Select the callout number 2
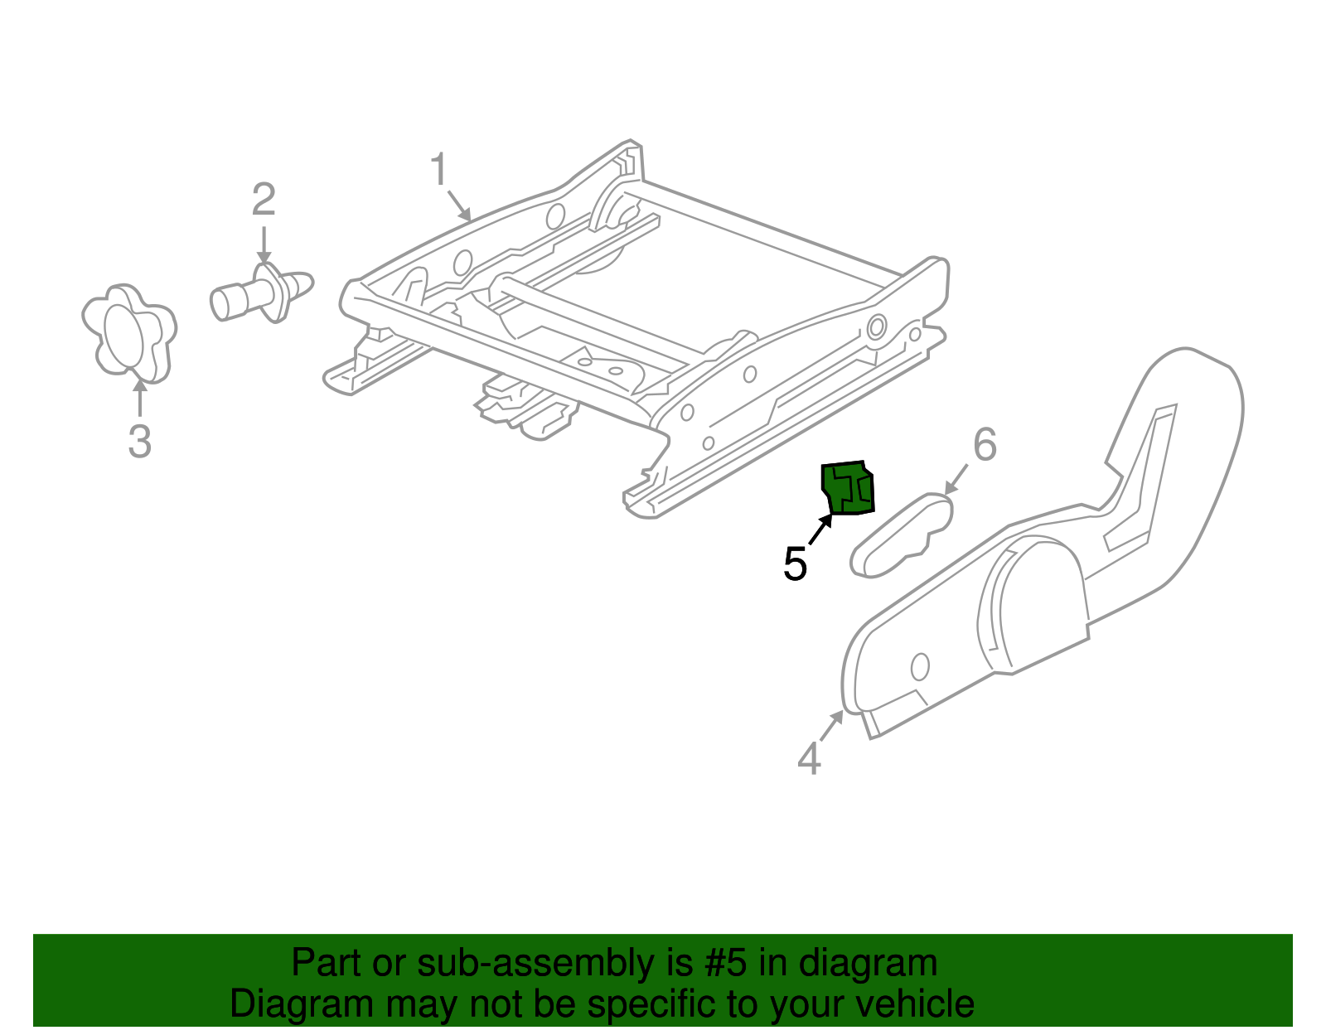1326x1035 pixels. (264, 200)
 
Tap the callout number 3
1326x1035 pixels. (139, 440)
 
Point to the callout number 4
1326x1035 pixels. (808, 758)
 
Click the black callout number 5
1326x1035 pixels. (795, 564)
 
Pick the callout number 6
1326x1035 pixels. (984, 445)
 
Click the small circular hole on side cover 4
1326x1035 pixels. (920, 665)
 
